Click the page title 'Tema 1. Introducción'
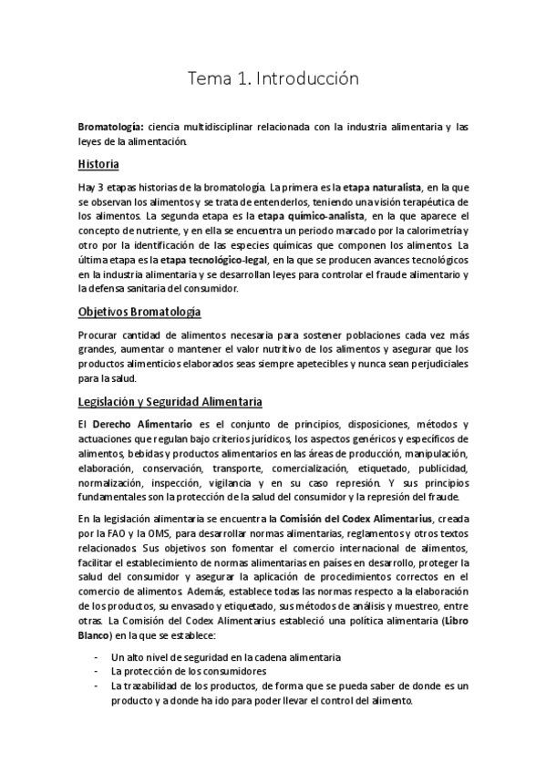click(x=273, y=79)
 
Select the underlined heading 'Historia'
click(x=98, y=165)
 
